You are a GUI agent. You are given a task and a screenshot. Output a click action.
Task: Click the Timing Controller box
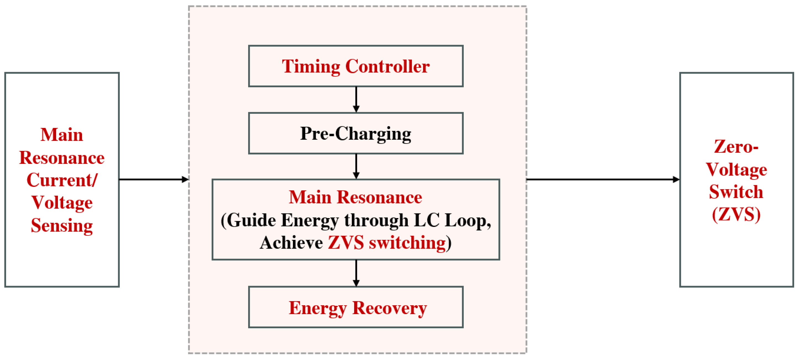[x=356, y=66]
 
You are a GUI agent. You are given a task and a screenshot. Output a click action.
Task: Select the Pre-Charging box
[x=356, y=133]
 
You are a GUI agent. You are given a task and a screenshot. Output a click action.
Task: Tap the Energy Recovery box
[x=356, y=307]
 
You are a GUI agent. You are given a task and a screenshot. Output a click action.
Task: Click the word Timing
[x=311, y=67]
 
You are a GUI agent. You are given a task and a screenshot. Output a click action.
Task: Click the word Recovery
[x=390, y=308]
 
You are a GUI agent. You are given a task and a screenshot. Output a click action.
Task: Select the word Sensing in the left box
[x=62, y=226]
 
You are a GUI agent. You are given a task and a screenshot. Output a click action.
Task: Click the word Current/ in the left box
[x=62, y=180]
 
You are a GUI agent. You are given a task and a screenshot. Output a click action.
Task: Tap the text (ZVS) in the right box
[x=736, y=214]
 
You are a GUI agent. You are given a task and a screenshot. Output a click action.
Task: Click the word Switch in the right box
[x=736, y=192]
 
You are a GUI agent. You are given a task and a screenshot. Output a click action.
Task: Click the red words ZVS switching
[x=387, y=243]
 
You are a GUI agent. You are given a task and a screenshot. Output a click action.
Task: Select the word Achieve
[x=291, y=243]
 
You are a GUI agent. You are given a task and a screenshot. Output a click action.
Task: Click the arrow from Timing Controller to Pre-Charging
[x=356, y=99]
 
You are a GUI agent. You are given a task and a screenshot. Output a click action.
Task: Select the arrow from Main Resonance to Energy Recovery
[x=356, y=273]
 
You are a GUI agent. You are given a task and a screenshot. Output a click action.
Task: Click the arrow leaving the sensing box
[x=154, y=179]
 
